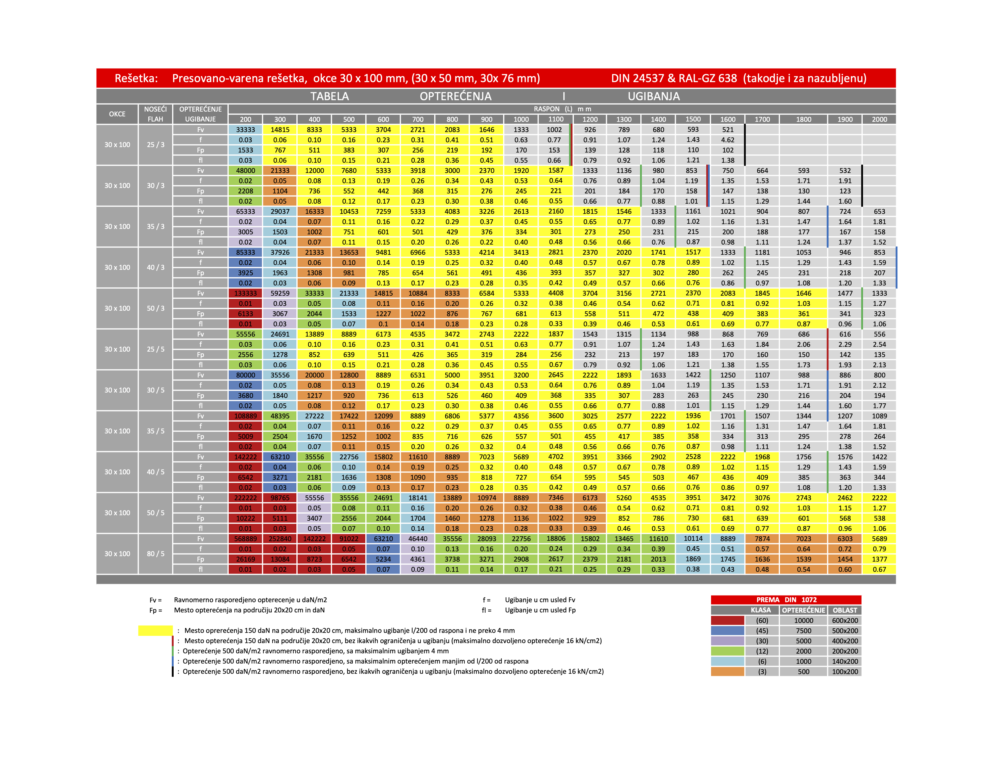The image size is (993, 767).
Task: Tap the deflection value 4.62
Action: (728, 140)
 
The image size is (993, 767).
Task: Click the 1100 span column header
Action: (555, 119)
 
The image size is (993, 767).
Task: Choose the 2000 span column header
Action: (879, 119)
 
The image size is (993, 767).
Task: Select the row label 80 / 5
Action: (156, 553)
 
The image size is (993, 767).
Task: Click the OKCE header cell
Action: (117, 114)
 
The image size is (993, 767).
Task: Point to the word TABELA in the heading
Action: (329, 96)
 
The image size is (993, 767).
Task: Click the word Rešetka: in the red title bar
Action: (136, 78)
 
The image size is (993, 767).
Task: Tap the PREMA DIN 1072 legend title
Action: (786, 600)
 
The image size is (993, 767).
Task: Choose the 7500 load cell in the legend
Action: (803, 631)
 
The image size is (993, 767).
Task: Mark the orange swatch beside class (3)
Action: (728, 672)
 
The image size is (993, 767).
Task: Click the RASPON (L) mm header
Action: (562, 109)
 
